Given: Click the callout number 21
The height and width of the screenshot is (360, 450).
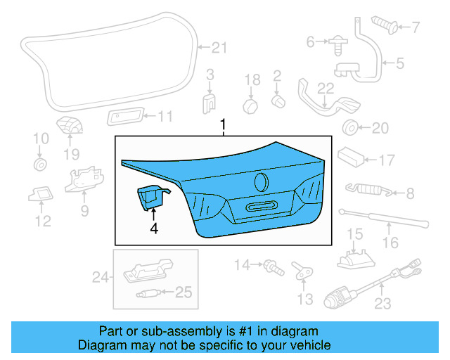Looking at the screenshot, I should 220,48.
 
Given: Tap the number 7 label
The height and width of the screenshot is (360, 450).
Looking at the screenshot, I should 414,28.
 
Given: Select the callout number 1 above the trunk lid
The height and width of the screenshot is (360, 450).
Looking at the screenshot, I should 224,126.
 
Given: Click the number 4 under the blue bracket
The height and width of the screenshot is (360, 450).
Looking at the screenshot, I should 153,228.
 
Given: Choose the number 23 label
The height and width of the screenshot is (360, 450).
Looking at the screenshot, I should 382,304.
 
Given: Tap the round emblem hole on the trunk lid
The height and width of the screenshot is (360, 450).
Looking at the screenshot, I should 262,181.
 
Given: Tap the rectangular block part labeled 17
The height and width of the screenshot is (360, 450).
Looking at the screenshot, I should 349,155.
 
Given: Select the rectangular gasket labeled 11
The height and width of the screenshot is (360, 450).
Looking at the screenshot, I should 127,116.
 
